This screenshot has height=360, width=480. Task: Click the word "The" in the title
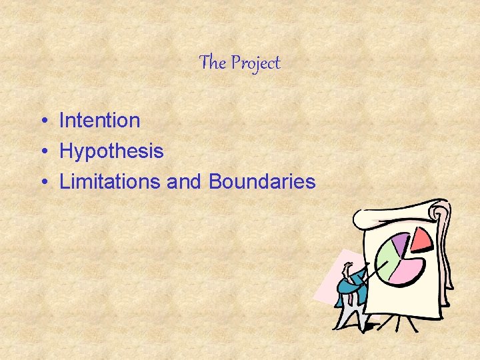pyautogui.click(x=213, y=63)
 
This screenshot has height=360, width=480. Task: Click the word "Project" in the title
pyautogui.click(x=255, y=63)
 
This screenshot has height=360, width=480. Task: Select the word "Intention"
pyautogui.click(x=99, y=121)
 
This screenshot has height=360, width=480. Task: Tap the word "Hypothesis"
pyautogui.click(x=111, y=151)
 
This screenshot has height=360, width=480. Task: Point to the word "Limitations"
pyautogui.click(x=110, y=181)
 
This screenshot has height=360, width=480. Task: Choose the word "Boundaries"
pyautogui.click(x=262, y=181)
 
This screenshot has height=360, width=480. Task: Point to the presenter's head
pyautogui.click(x=347, y=269)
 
